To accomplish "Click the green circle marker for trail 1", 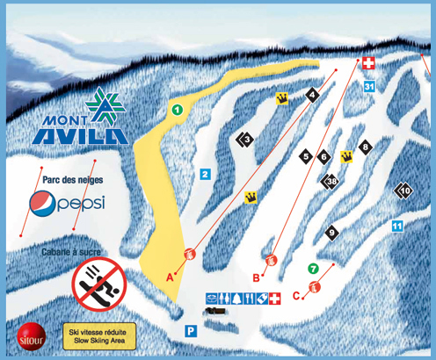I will [x=177, y=110].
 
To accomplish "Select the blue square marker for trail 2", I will [x=204, y=174].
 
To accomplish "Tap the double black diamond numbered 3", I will [x=245, y=139].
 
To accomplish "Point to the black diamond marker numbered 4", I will [x=312, y=94].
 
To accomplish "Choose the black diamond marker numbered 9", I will [x=332, y=233].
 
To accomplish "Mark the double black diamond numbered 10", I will [x=403, y=191].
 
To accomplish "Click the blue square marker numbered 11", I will [x=396, y=227].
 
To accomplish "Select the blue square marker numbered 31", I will [x=369, y=86].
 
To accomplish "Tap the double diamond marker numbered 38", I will [x=331, y=182].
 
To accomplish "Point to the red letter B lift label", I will [x=257, y=277].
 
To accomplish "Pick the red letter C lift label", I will [x=296, y=294].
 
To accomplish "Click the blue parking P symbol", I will [x=189, y=331].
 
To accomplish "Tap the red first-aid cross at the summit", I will [x=367, y=63].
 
